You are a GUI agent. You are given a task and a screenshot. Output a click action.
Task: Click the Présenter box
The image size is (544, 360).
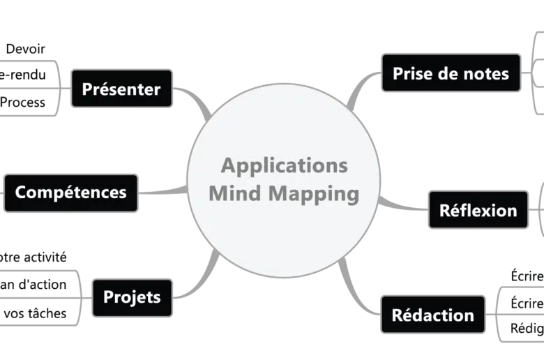[x=121, y=89]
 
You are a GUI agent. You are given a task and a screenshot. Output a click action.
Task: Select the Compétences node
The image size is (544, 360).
[x=70, y=192]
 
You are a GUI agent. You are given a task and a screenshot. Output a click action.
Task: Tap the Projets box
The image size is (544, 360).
[x=132, y=297]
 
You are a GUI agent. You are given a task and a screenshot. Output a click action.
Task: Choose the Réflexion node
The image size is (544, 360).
[x=478, y=210]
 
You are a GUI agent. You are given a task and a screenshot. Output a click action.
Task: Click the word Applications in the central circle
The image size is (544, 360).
[x=284, y=166]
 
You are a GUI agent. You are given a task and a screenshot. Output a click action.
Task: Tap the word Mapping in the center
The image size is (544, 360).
[x=316, y=194]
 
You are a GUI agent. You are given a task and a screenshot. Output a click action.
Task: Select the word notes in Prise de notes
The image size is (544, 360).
[x=485, y=73]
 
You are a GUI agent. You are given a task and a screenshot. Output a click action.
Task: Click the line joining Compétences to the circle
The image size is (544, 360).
[x=162, y=190]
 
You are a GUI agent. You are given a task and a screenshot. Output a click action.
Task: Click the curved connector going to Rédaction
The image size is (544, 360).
[x=358, y=297]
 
